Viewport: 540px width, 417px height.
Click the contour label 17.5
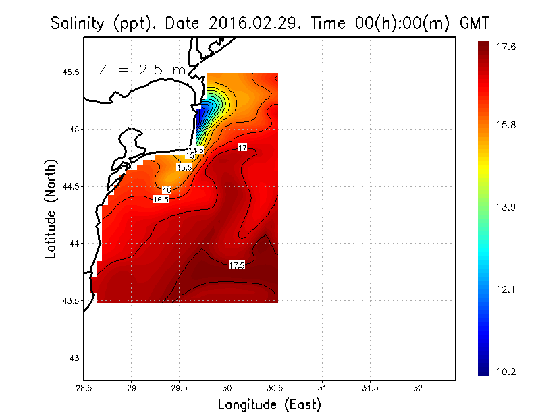click(237, 265)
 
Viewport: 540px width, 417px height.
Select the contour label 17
click(242, 147)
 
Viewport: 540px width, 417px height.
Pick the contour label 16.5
click(161, 200)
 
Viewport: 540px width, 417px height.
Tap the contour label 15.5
click(184, 167)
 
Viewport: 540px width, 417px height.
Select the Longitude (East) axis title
click(269, 405)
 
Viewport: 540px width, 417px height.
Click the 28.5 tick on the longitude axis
click(84, 389)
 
